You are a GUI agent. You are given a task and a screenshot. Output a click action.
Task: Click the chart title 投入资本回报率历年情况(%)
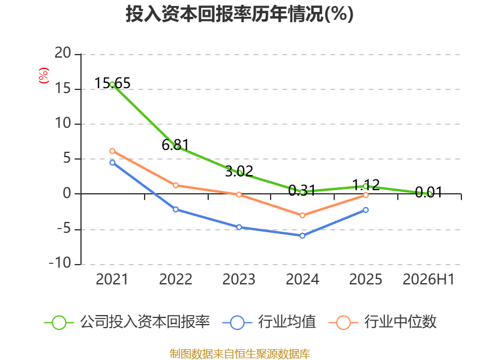pyautogui.click(x=239, y=14)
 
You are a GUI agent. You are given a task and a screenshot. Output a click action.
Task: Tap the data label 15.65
pyautogui.click(x=112, y=83)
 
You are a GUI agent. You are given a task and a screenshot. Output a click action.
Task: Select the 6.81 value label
pyautogui.click(x=175, y=145)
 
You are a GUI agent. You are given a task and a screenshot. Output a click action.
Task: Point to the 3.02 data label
pyautogui.click(x=239, y=171)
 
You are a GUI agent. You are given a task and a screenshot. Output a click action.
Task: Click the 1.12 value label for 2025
pyautogui.click(x=366, y=185)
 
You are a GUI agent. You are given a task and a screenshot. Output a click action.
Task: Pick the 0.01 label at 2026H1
pyautogui.click(x=429, y=192)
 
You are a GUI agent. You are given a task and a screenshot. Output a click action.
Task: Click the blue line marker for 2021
pyautogui.click(x=112, y=163)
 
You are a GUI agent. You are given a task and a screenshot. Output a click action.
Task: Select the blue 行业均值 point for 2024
pyautogui.click(x=302, y=236)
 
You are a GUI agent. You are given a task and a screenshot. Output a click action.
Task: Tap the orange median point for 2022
pyautogui.click(x=176, y=185)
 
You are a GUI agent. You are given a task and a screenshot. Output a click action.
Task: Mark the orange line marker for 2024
pyautogui.click(x=302, y=215)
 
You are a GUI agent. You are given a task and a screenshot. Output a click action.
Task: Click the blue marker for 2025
pyautogui.click(x=366, y=210)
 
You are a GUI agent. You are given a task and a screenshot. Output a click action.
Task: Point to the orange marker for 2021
pyautogui.click(x=112, y=151)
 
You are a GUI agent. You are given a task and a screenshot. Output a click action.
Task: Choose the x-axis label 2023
pyautogui.click(x=239, y=279)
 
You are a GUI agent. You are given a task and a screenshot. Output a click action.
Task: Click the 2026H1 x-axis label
pyautogui.click(x=428, y=279)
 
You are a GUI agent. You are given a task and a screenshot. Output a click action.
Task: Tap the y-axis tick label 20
pyautogui.click(x=63, y=53)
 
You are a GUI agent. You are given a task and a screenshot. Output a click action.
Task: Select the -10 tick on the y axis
pyautogui.click(x=60, y=263)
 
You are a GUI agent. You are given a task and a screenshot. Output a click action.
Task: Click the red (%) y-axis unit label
pyautogui.click(x=44, y=76)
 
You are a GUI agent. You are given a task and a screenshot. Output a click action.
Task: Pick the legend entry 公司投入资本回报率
pyautogui.click(x=127, y=322)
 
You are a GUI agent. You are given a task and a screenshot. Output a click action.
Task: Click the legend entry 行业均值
pyautogui.click(x=269, y=322)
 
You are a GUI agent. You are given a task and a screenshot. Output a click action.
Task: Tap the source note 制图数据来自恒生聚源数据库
pyautogui.click(x=239, y=354)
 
